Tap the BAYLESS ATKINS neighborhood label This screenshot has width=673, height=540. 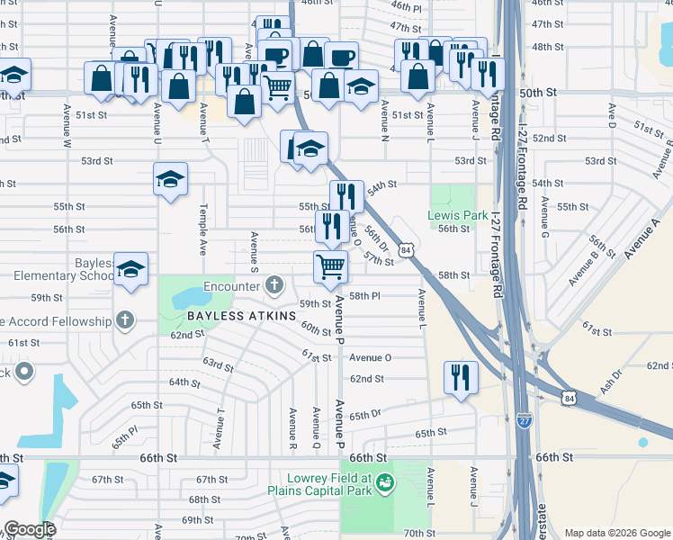coord(241,316)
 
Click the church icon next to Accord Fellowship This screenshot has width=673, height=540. coord(125,320)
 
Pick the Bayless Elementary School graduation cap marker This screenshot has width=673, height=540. coord(130,269)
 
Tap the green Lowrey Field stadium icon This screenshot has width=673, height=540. coord(385,483)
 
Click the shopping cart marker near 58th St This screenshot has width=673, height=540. coord(330,265)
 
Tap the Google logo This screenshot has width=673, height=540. coord(29,529)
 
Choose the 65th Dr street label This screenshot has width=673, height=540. coord(365,415)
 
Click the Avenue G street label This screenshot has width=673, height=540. coord(543,217)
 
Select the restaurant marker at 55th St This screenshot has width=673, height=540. coord(345,195)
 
